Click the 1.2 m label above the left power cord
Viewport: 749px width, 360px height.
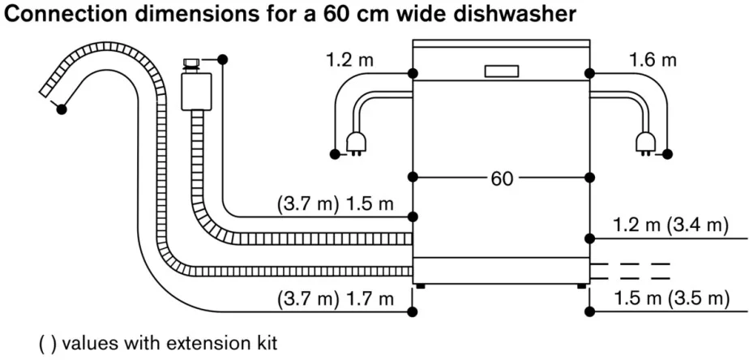click(350, 59)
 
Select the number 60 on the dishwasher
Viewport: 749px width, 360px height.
click(502, 178)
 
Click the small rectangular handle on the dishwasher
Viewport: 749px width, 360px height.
click(502, 71)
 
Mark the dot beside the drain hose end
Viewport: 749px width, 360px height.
click(62, 108)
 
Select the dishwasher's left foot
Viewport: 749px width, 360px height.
click(421, 285)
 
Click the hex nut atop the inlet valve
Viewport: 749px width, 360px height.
click(191, 62)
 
